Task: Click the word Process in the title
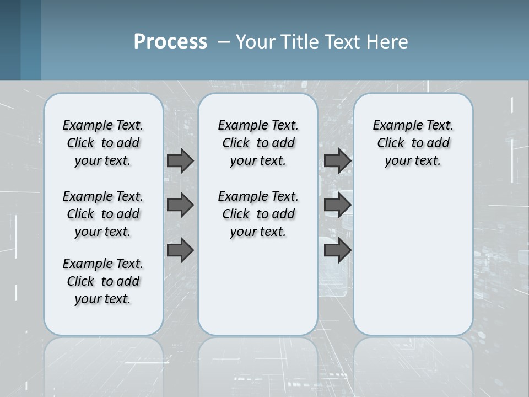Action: pos(170,42)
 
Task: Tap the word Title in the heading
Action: pos(297,42)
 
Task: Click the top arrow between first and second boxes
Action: pos(180,160)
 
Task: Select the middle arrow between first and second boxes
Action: pos(180,205)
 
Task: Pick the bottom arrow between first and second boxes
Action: pos(180,250)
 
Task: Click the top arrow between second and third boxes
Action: pos(337,160)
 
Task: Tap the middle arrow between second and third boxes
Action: pos(337,205)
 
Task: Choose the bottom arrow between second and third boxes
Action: pos(337,250)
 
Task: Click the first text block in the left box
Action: pos(103,143)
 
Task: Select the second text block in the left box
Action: pos(103,214)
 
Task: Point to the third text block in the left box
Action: pos(103,281)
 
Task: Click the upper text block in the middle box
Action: pos(258,143)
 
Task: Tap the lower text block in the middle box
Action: pos(258,214)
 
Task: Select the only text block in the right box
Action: pos(413,143)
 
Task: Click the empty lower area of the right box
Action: pos(413,259)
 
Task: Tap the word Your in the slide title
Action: pos(255,42)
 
